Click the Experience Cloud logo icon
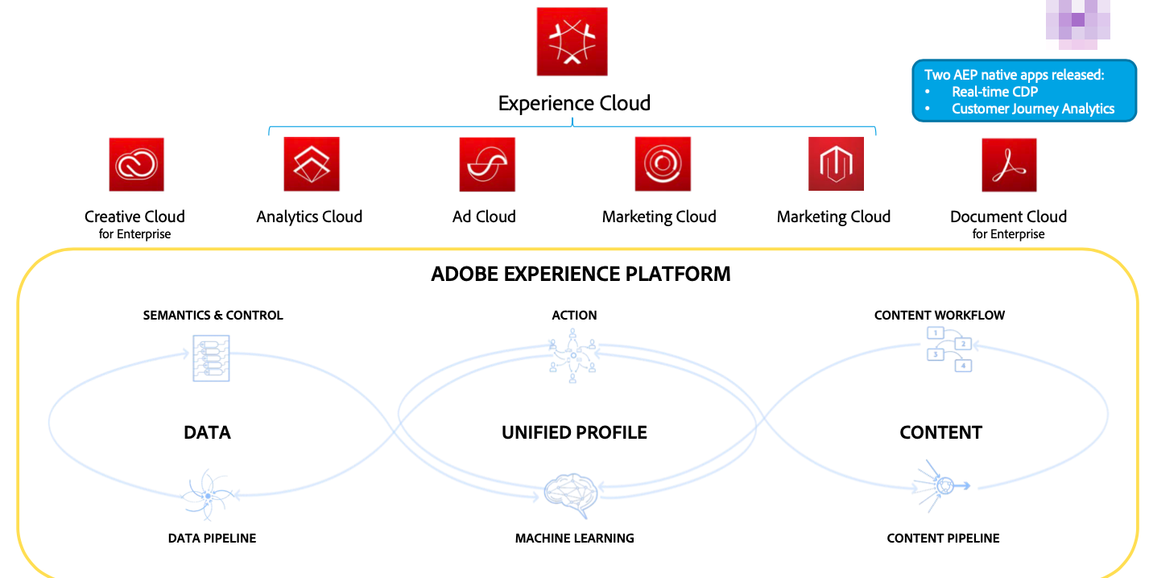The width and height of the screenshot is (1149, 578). [572, 42]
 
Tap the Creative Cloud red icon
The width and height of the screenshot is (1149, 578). [137, 165]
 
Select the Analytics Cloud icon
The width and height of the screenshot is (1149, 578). [312, 164]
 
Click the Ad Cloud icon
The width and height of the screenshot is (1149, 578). [487, 164]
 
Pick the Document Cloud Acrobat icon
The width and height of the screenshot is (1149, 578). [1009, 165]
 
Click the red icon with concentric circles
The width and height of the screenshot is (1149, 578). [663, 164]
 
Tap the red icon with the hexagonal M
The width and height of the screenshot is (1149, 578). [836, 164]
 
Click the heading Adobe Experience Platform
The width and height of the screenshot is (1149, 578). [581, 274]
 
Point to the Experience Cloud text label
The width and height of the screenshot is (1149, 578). [574, 104]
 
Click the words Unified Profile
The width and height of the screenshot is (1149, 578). [574, 433]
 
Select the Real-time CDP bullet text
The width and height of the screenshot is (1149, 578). [994, 92]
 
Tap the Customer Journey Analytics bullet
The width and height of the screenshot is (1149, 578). [1033, 109]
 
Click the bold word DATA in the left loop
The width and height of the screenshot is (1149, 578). [207, 433]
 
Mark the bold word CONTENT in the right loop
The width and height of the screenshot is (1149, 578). [940, 433]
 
